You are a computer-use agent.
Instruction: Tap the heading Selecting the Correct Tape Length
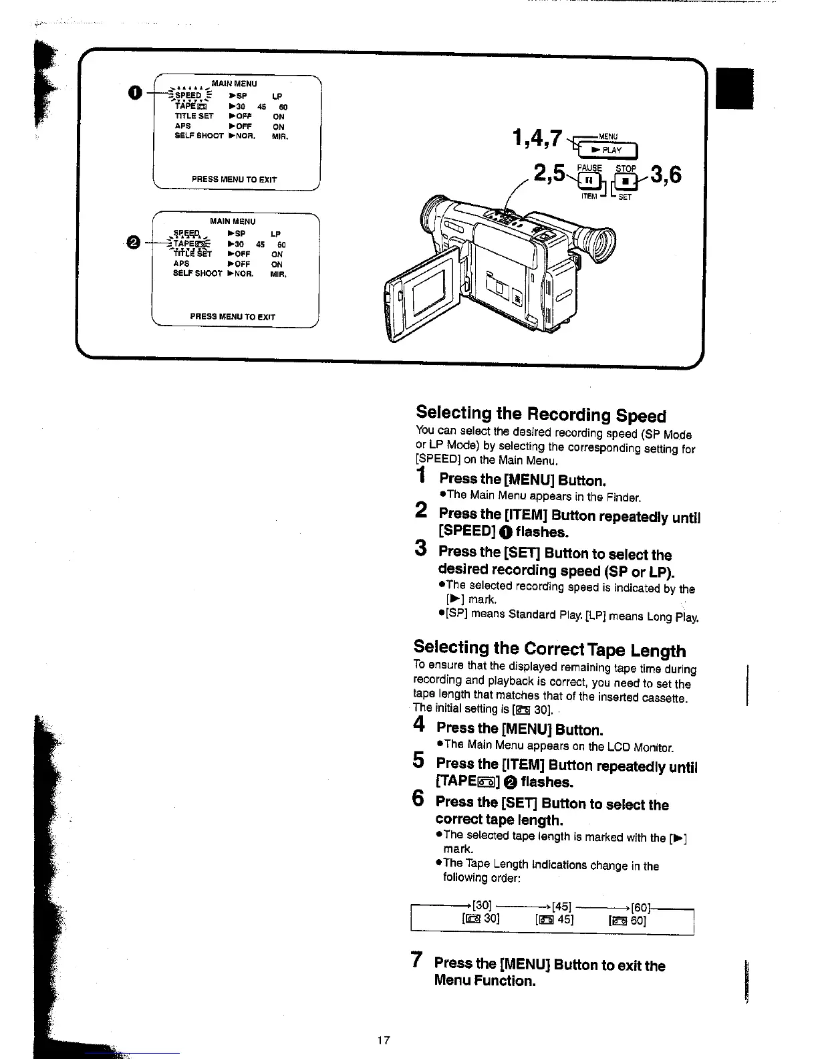[x=549, y=649]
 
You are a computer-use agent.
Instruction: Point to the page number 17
[x=383, y=1040]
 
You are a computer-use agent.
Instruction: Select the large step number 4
[x=419, y=724]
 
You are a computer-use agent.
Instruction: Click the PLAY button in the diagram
[x=609, y=150]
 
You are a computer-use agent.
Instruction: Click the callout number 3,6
[x=665, y=175]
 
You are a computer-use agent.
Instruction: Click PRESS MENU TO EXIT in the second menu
[x=233, y=317]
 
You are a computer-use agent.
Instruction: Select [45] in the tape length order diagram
[x=561, y=907]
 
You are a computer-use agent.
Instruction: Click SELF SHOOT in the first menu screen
[x=198, y=136]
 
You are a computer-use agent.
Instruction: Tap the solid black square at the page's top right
[x=734, y=88]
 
